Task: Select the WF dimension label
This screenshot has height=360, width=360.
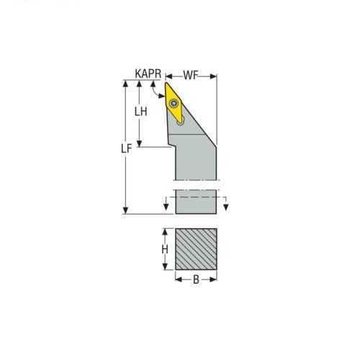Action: pyautogui.click(x=191, y=74)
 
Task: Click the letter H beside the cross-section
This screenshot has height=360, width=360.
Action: pyautogui.click(x=165, y=250)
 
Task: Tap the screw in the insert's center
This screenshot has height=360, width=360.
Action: pyautogui.click(x=176, y=104)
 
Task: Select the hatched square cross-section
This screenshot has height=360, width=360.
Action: pyautogui.click(x=196, y=249)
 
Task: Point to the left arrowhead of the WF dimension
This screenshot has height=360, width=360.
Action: pyautogui.click(x=170, y=74)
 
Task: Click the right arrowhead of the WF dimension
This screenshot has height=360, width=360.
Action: pyautogui.click(x=215, y=74)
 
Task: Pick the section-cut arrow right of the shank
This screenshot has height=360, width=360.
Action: pyautogui.click(x=226, y=207)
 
